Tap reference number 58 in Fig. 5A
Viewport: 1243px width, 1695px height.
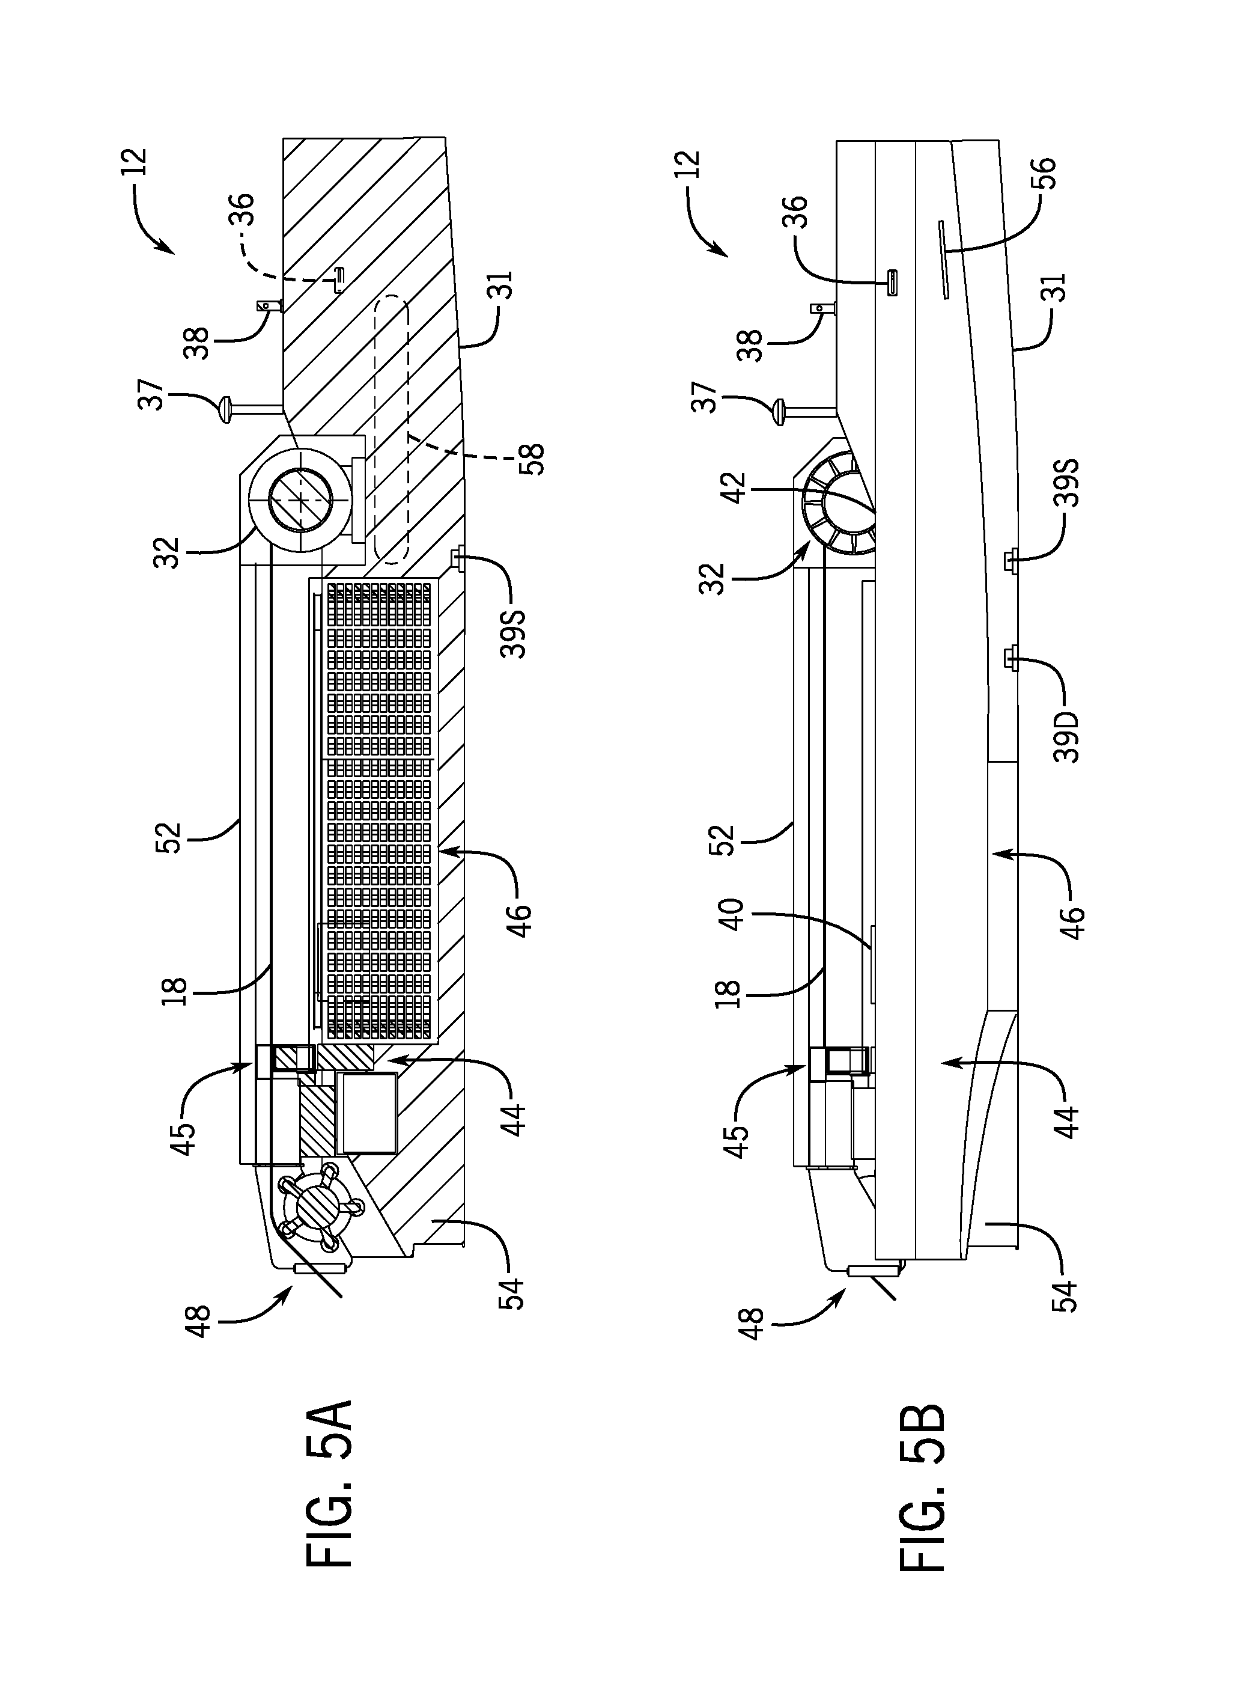click(530, 459)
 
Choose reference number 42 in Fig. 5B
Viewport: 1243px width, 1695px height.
click(734, 490)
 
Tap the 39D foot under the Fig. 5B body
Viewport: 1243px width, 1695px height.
click(1011, 661)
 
